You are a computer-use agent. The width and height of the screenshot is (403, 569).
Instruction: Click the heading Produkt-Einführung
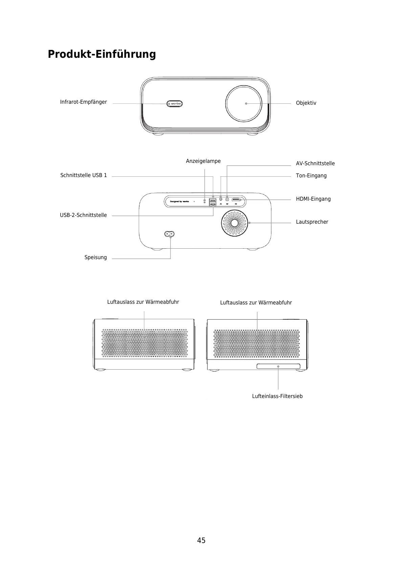pos(102,54)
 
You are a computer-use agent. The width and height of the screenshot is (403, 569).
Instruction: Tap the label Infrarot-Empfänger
pos(83,102)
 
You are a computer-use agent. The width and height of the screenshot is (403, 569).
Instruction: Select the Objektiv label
pos(306,103)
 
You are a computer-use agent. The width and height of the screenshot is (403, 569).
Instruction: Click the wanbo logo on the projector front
pos(175,104)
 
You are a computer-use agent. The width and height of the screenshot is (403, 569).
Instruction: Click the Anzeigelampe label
pos(203,161)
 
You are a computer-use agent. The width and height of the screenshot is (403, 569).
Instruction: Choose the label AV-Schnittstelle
pos(315,164)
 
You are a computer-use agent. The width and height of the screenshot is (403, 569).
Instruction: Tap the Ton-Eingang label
pos(311,176)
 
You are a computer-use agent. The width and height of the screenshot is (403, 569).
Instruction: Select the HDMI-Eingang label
pos(313,199)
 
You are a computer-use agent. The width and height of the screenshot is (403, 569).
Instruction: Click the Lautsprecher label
pos(312,222)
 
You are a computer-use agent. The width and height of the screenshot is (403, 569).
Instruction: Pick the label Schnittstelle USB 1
pos(83,175)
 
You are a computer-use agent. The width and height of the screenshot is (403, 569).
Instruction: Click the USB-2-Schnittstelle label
pos(83,215)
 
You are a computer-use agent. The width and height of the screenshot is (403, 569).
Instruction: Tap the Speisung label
pos(95,257)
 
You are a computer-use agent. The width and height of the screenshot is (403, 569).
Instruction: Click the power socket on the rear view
pos(170,234)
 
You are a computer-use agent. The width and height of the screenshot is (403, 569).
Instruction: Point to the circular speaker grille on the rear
pos(234,223)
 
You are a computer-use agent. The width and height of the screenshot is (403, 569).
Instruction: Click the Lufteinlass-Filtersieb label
pos(277,396)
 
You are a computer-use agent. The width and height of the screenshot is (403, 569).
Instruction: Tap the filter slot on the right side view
pos(278,367)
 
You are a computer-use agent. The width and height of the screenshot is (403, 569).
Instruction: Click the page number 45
pos(201,541)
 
